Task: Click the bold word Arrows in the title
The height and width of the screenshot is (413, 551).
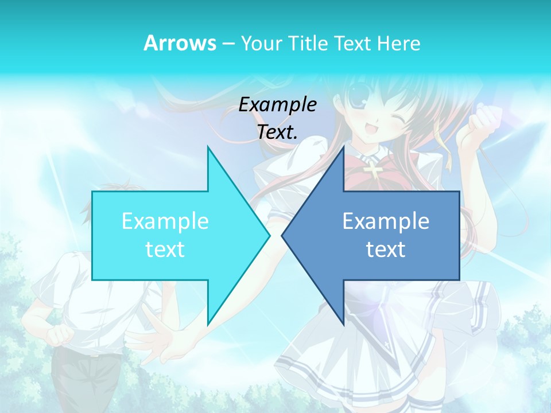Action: [x=180, y=43]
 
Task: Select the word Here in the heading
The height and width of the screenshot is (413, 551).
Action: [x=399, y=44]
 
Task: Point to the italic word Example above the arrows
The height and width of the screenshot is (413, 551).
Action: [x=278, y=104]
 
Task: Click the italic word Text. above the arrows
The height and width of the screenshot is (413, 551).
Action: [x=278, y=133]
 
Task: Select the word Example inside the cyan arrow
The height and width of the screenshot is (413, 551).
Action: [x=165, y=221]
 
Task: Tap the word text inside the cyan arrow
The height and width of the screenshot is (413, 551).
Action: [x=165, y=250]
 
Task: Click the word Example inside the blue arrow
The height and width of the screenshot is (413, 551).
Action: [x=386, y=221]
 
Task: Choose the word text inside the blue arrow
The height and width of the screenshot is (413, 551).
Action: [x=386, y=250]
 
